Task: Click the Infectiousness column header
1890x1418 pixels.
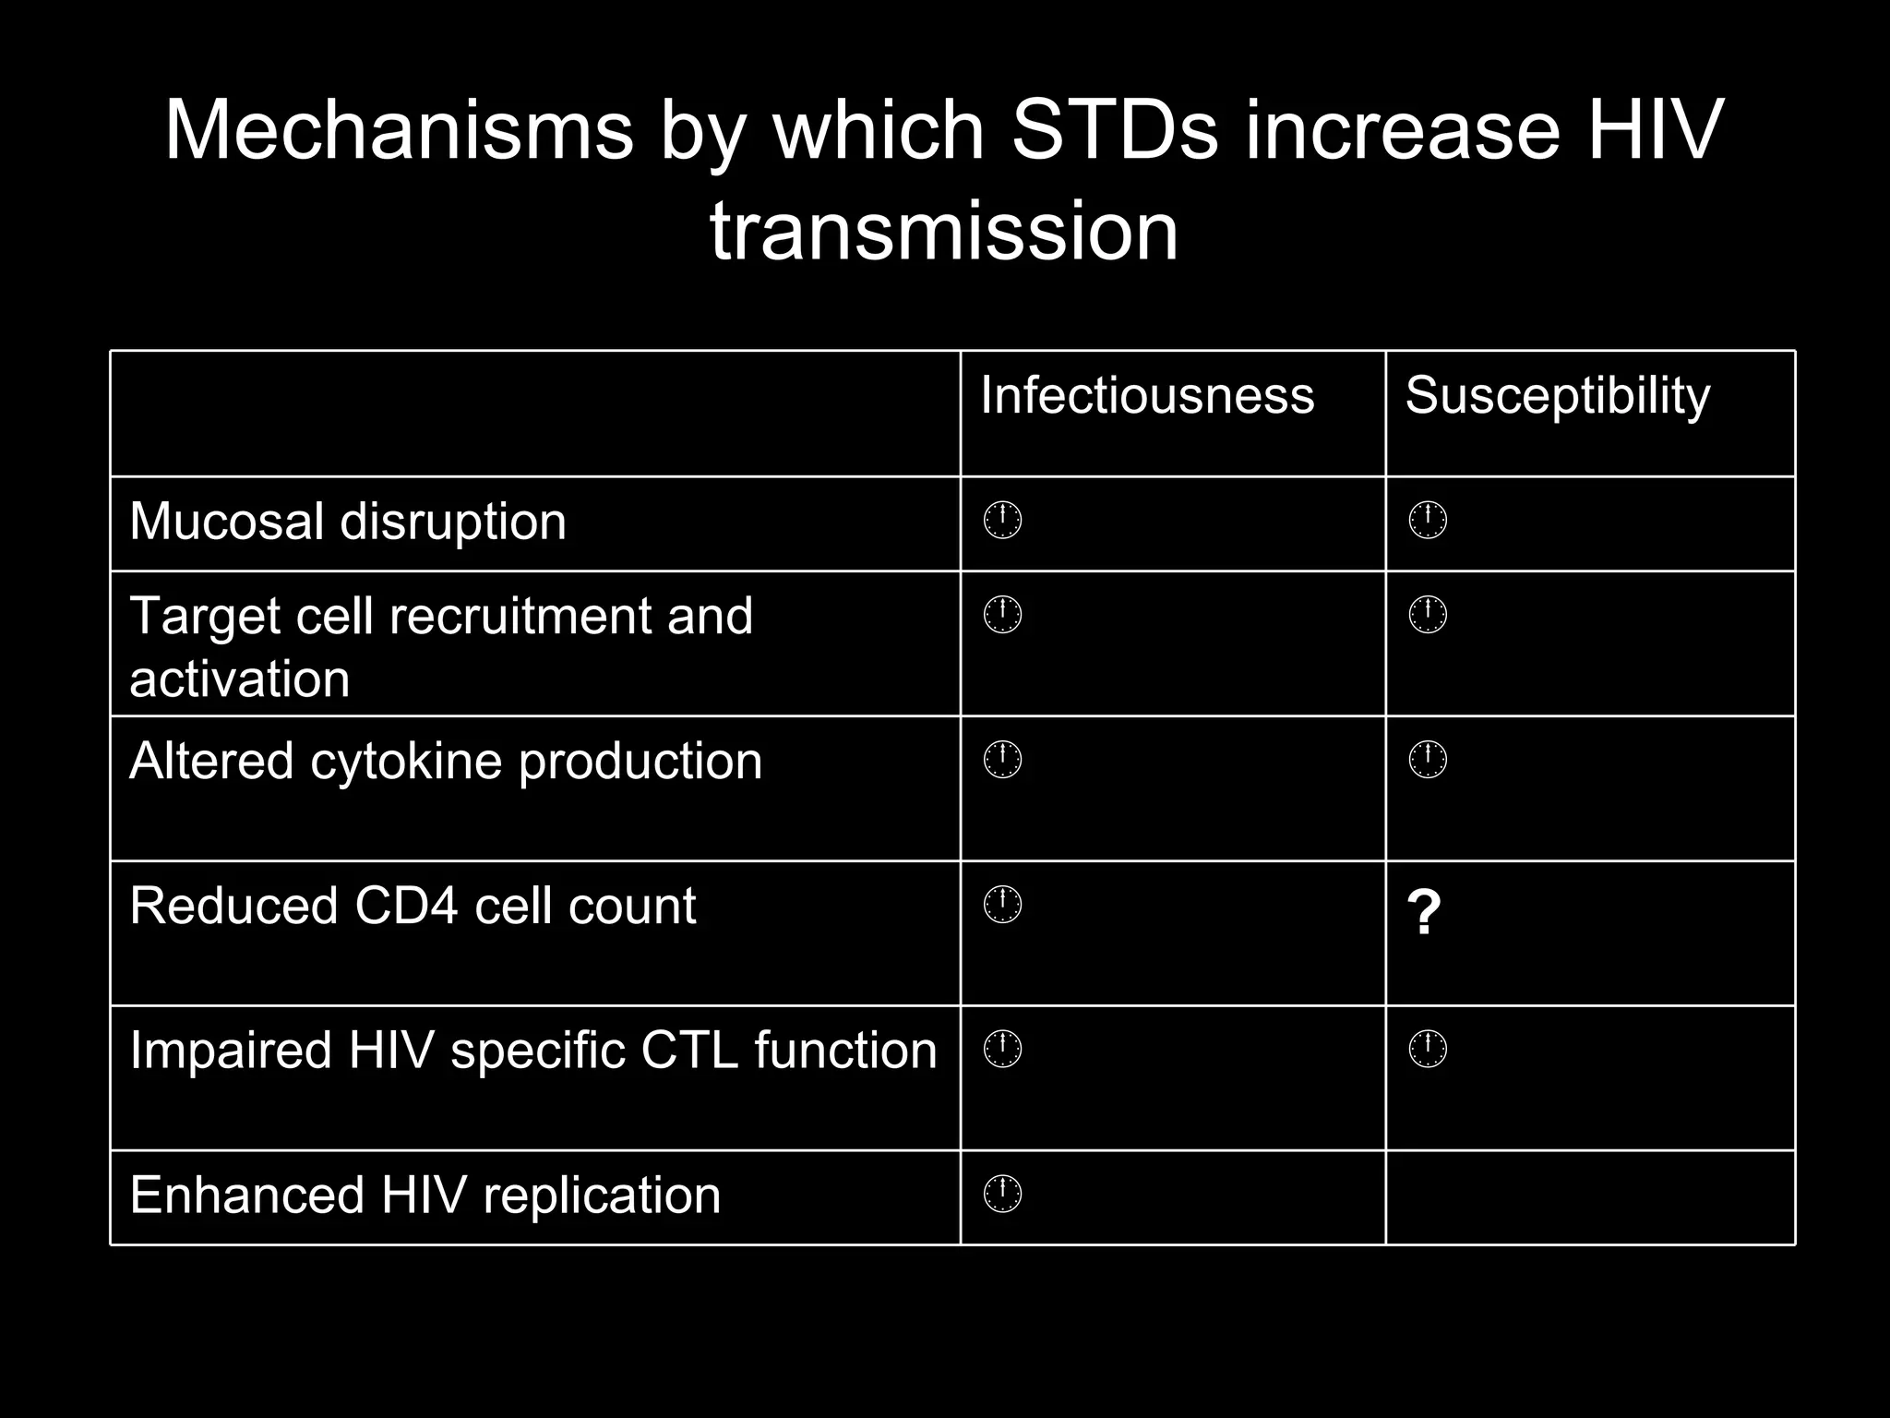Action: pos(1146,396)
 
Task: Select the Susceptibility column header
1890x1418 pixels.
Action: pos(1557,396)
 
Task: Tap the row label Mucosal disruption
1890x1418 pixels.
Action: pos(348,522)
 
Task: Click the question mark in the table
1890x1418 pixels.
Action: pos(1423,913)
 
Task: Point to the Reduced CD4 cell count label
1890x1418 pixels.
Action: pos(413,906)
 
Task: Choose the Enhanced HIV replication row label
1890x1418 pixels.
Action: pos(425,1196)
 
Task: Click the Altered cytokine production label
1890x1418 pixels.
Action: pos(446,762)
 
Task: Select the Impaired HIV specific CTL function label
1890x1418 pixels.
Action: pos(532,1051)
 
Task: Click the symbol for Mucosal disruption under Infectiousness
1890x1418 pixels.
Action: pos(1002,522)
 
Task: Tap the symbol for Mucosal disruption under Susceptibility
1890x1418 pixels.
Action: pos(1428,522)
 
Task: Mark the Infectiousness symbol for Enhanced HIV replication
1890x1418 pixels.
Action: pos(1002,1196)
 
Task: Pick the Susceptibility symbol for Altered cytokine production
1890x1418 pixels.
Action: pos(1428,760)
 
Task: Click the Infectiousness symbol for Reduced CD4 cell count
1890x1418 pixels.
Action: pos(1002,906)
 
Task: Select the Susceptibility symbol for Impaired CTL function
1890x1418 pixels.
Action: pos(1428,1050)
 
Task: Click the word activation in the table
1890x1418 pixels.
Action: pos(240,679)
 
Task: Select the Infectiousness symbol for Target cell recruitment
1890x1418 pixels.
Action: pos(1002,615)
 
